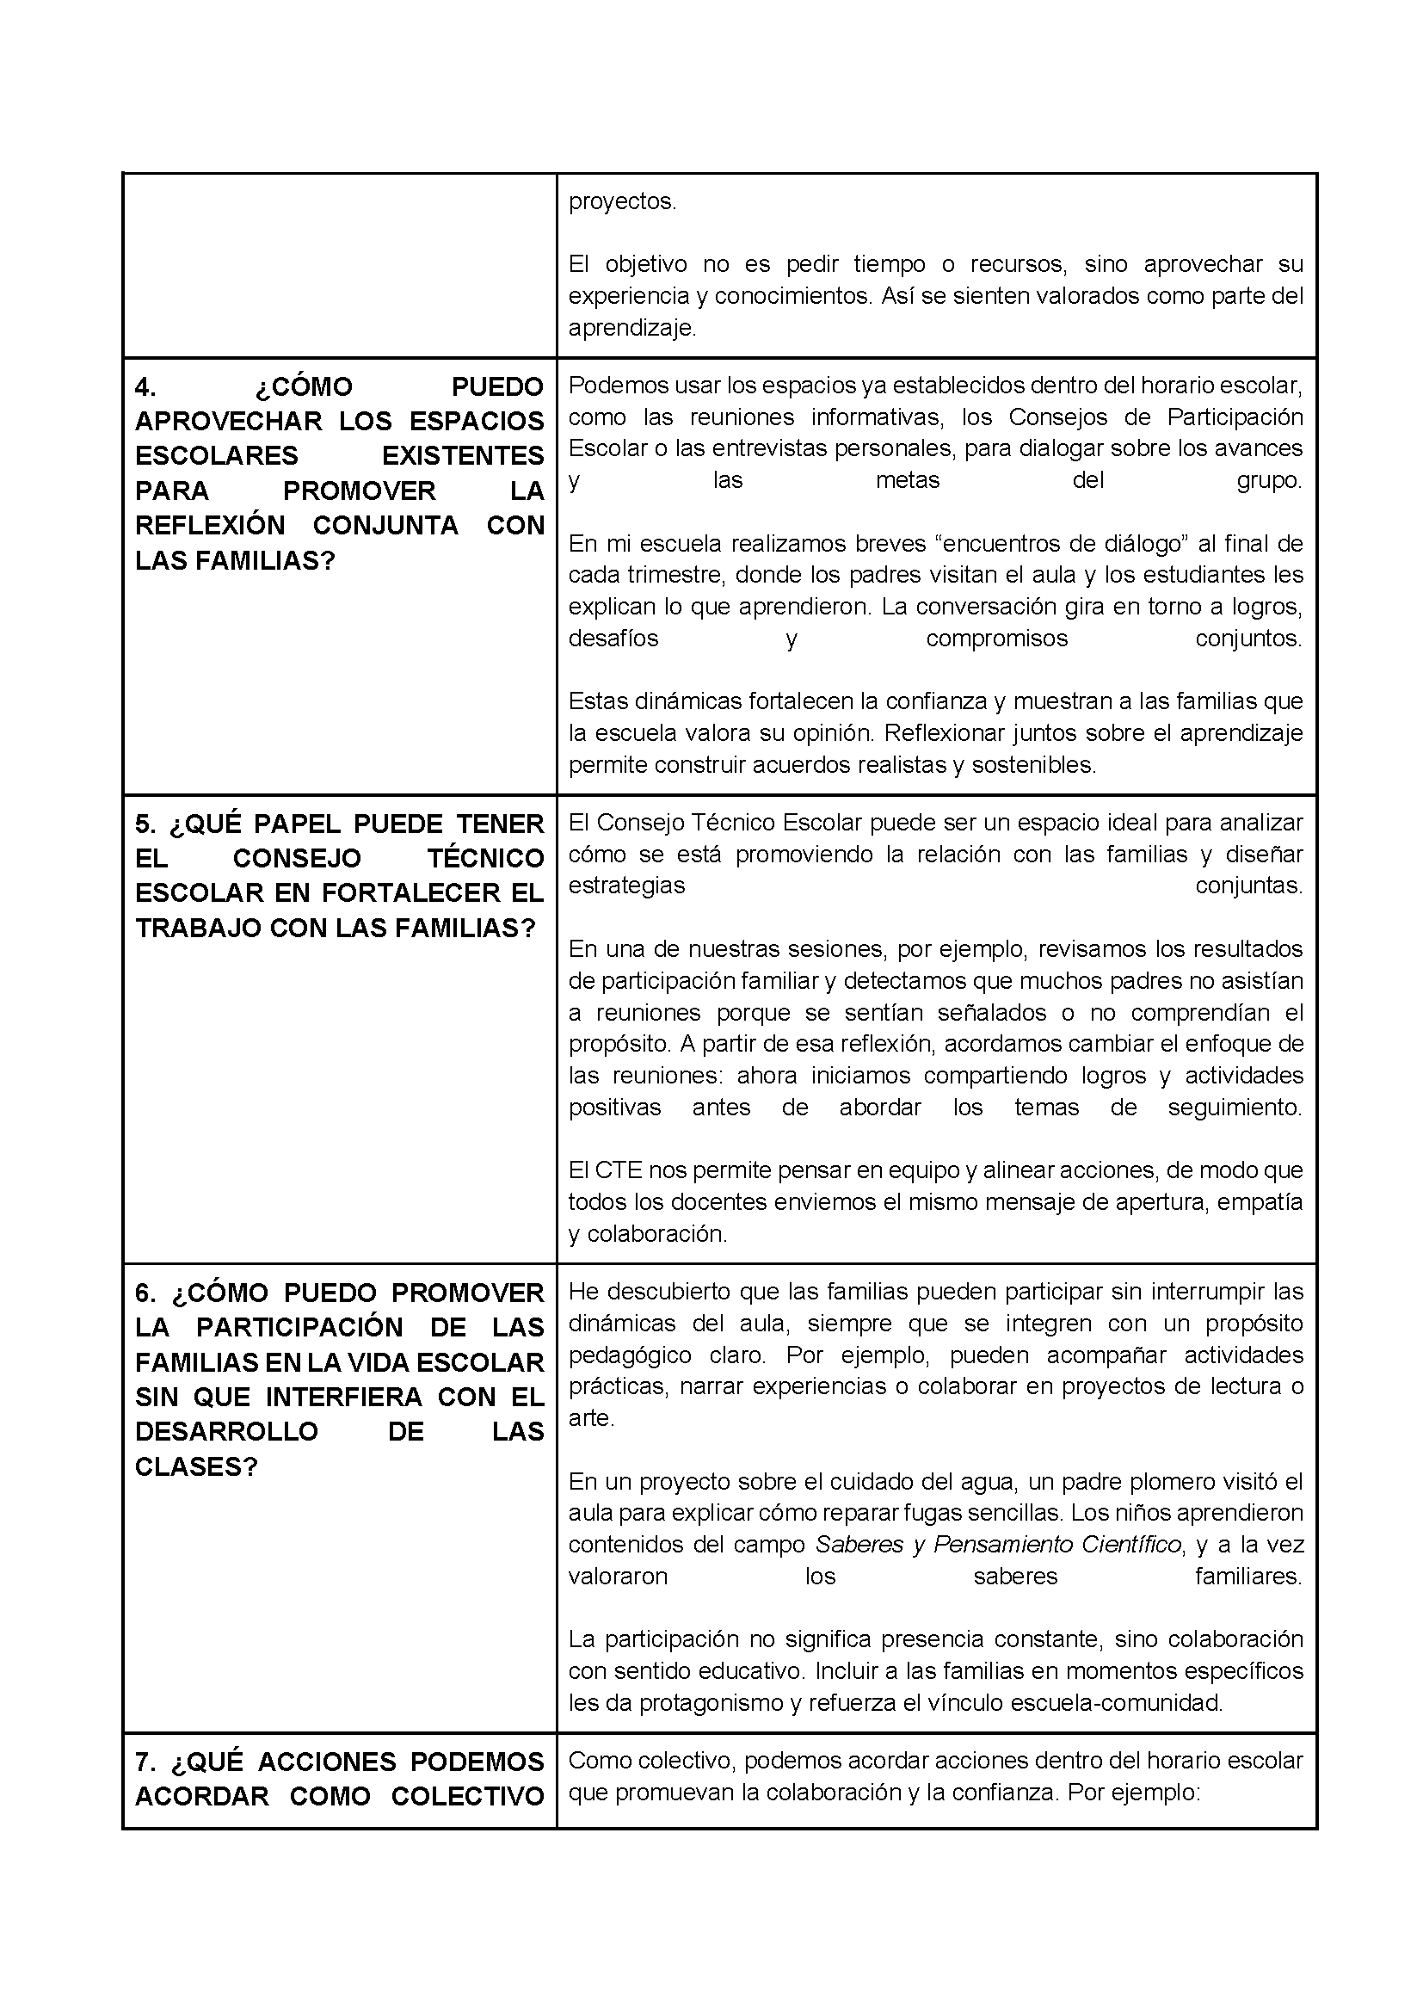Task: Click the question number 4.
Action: point(145,387)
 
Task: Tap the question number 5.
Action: point(145,824)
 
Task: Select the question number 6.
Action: point(145,1293)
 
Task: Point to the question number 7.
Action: point(145,1762)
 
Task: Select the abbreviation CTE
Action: point(618,1170)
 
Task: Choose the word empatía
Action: point(1265,1202)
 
